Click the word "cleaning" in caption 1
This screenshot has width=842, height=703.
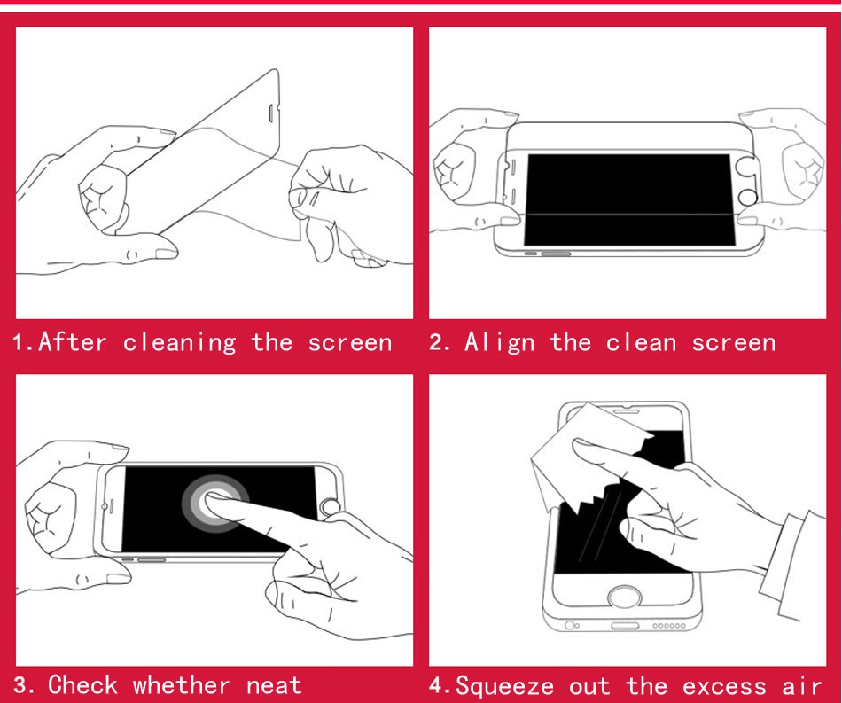[x=179, y=343]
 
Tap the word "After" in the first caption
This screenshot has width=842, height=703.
[x=73, y=342]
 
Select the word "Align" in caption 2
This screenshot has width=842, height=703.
[x=499, y=343]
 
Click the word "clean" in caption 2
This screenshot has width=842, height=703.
[x=641, y=343]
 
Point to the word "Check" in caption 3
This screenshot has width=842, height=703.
[x=82, y=684]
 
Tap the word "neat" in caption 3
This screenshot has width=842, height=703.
[x=274, y=686]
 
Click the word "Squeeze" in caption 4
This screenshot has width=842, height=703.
[x=504, y=686]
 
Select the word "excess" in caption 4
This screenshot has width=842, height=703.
[x=724, y=687]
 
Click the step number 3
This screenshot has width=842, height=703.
[x=23, y=685]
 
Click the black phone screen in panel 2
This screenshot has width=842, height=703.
[x=628, y=200]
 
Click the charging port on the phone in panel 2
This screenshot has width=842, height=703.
[x=555, y=253]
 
